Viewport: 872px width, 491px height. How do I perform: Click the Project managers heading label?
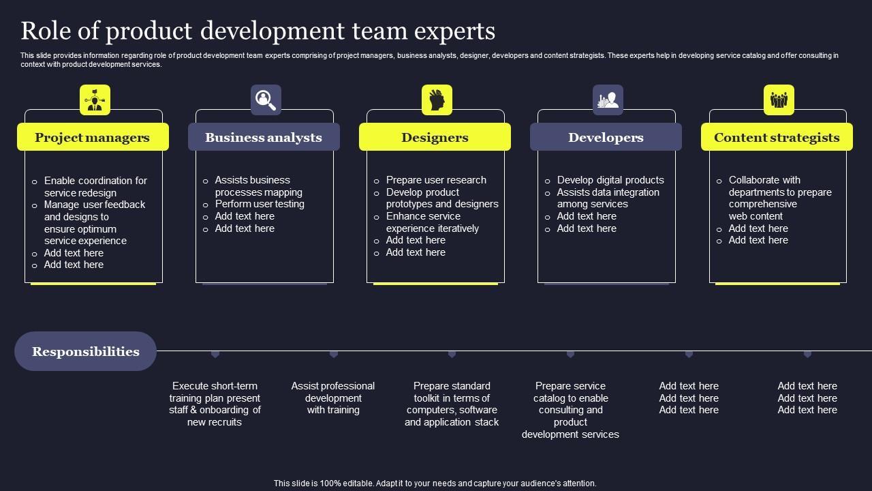92,137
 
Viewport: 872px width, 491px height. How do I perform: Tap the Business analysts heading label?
264,137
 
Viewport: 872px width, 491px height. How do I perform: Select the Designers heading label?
435,137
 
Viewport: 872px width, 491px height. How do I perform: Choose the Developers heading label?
606,137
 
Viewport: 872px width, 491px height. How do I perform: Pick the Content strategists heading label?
777,137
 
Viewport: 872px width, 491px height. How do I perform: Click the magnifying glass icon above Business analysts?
266,100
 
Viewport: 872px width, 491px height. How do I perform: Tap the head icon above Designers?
437,100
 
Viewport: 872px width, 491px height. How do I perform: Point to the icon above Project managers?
95,100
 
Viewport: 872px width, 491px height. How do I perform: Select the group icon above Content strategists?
779,100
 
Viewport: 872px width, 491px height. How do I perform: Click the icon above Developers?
608,100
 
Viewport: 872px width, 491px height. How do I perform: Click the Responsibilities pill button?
86,351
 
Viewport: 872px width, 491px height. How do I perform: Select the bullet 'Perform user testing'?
260,204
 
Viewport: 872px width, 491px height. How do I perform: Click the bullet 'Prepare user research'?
436,180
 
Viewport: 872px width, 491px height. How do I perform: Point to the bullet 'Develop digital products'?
610,180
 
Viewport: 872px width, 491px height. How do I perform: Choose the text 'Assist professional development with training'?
333,398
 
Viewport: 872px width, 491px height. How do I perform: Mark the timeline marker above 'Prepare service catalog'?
570,354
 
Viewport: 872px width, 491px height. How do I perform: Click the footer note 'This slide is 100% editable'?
435,483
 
